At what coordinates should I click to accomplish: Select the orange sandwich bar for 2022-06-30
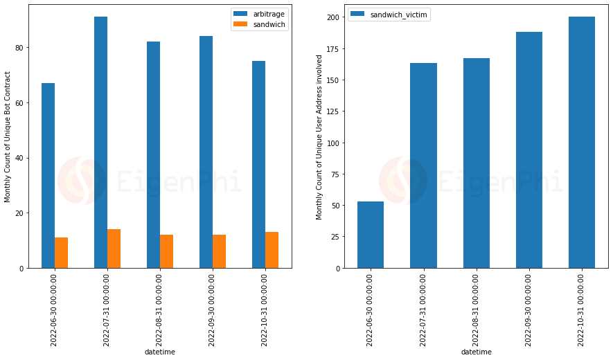coord(61,253)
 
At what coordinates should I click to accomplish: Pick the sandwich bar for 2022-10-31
coord(272,250)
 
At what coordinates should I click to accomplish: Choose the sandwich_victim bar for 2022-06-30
coord(371,235)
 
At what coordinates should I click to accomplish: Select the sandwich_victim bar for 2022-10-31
coord(581,142)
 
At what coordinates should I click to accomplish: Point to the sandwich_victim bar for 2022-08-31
coord(476,163)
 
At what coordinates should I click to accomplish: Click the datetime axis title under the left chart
coord(159,352)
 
